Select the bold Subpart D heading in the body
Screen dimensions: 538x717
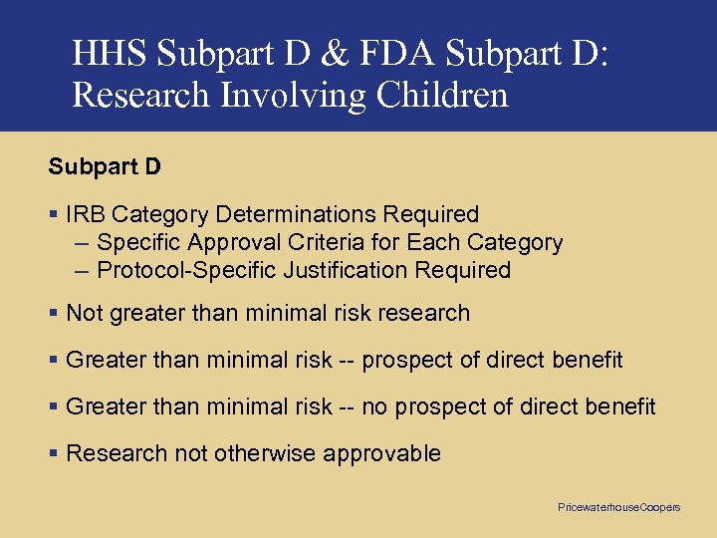(x=105, y=166)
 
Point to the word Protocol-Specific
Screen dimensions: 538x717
(x=187, y=270)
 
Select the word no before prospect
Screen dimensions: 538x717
(x=374, y=406)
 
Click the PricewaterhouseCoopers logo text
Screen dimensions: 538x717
(x=618, y=508)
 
